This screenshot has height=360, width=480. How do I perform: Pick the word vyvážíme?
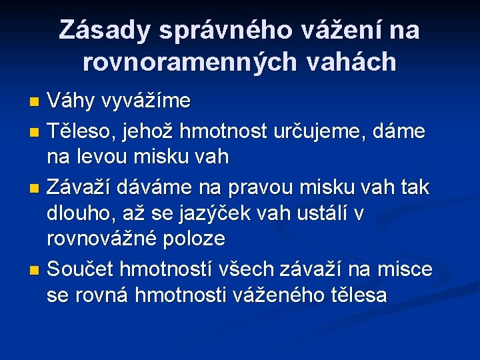(x=145, y=101)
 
